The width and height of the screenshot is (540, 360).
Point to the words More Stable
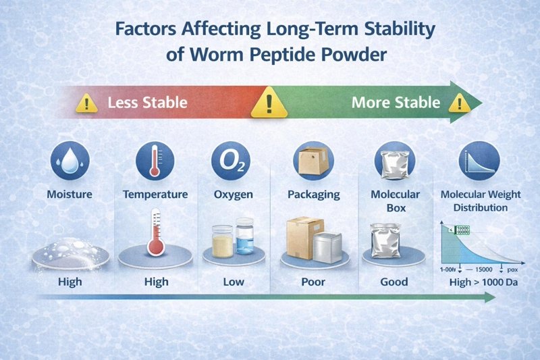coord(396,103)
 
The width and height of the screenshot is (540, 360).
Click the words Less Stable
coord(147,104)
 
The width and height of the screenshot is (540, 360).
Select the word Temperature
coord(155,195)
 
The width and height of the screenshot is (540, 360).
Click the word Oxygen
coord(233,195)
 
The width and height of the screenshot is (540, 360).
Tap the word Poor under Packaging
coord(313,281)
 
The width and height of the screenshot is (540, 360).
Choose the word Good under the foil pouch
coord(394,281)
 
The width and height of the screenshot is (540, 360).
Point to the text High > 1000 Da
coord(483,282)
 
